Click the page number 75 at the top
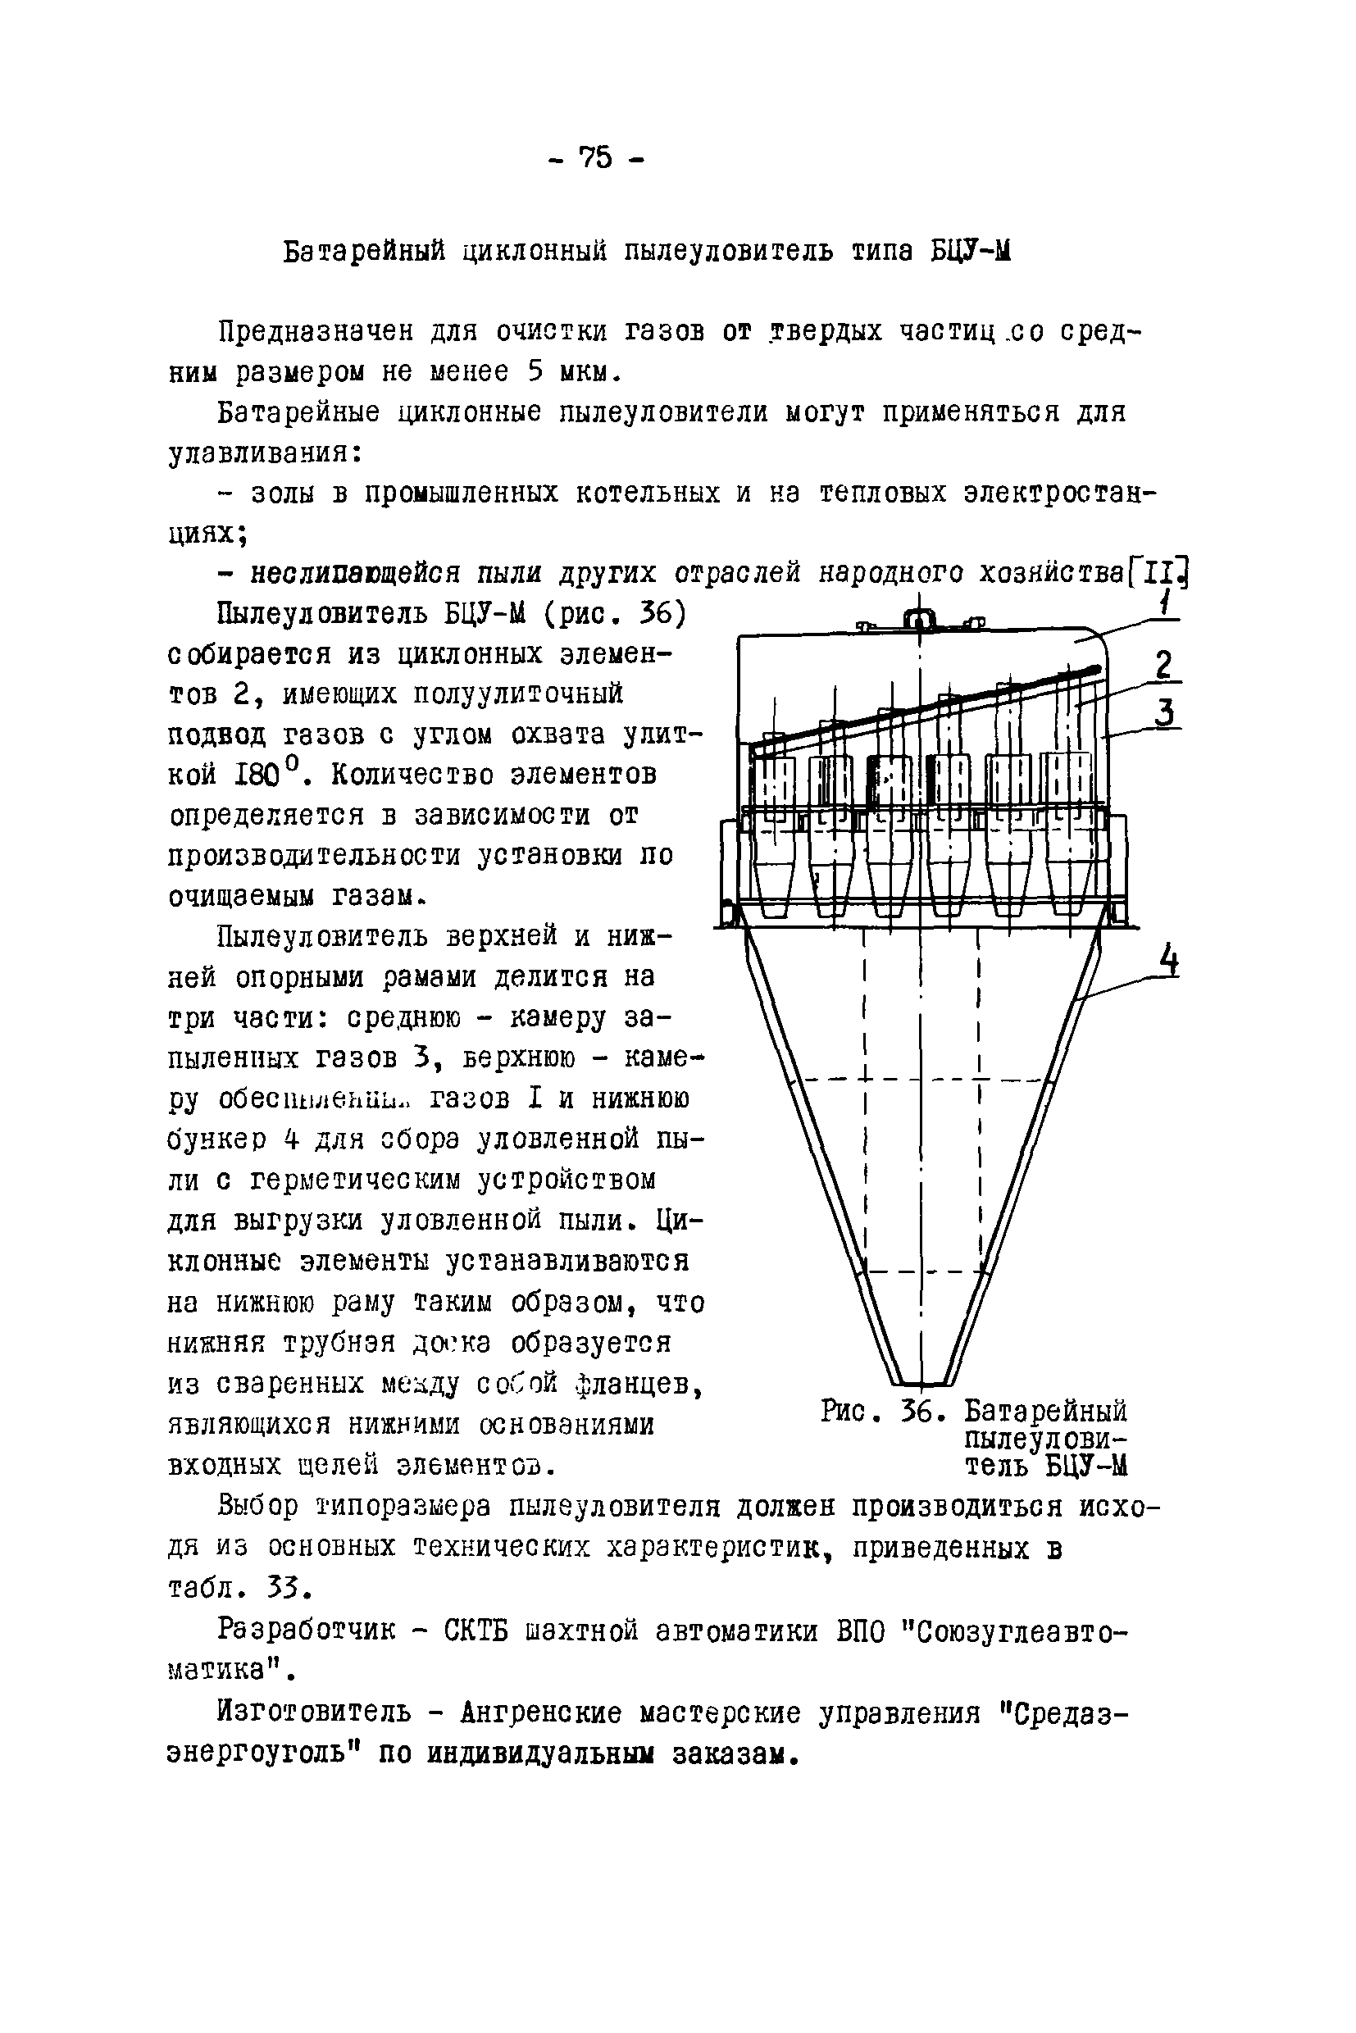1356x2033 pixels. pyautogui.click(x=595, y=157)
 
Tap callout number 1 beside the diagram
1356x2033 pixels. pyautogui.click(x=1167, y=602)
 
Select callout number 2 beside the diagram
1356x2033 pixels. pyautogui.click(x=1165, y=665)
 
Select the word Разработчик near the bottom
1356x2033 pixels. pyautogui.click(x=307, y=1630)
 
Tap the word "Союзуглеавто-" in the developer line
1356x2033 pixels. pyautogui.click(x=1015, y=1630)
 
